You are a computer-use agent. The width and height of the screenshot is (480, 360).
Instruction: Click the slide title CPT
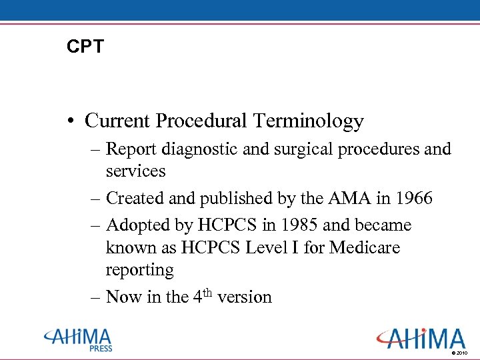point(86,47)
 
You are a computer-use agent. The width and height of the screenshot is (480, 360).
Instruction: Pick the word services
point(135,171)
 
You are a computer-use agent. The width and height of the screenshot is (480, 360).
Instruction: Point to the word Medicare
point(365,247)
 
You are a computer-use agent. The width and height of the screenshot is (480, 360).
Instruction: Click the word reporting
point(139,270)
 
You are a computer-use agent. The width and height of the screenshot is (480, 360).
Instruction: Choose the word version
point(243,297)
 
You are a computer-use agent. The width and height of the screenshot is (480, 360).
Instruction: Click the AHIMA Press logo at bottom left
point(78,339)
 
